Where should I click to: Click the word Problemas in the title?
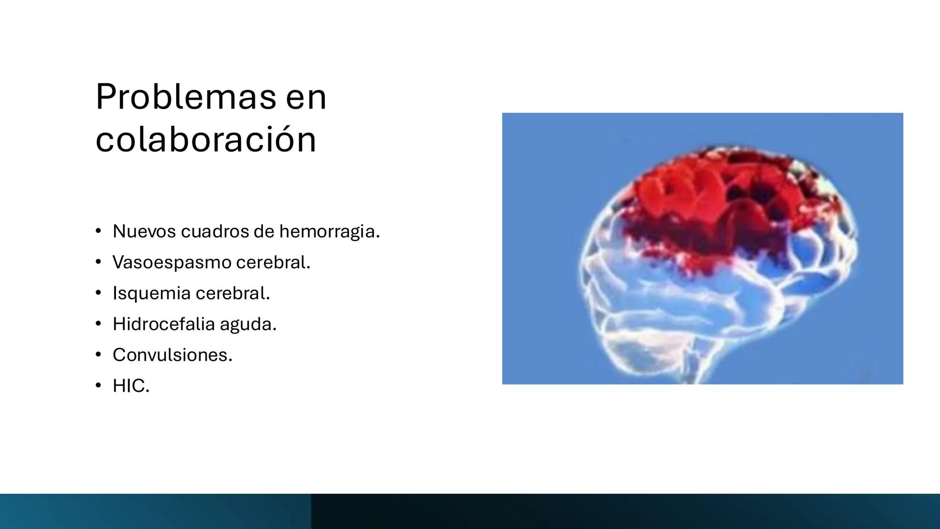186,97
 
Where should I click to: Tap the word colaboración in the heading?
206,140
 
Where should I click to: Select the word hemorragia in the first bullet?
329,231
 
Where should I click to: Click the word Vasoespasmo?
172,262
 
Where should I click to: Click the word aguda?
248,325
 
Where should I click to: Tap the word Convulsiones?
172,355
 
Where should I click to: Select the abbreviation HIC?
130,385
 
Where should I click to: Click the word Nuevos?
144,231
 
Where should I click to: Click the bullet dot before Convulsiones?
98,354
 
